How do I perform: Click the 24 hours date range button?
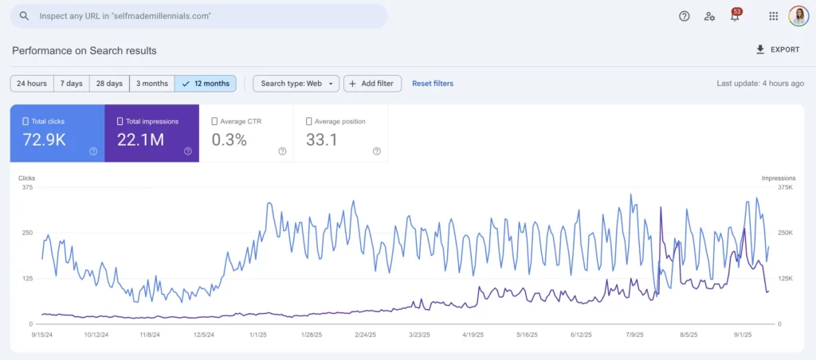click(32, 84)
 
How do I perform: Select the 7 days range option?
click(71, 84)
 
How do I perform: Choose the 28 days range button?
click(109, 84)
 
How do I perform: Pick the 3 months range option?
click(151, 84)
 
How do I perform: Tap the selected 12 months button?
click(206, 84)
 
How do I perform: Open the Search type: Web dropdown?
click(296, 84)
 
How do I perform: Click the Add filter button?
click(372, 84)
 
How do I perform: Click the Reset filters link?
click(433, 84)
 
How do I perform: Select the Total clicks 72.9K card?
click(57, 133)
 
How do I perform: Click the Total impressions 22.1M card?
click(151, 133)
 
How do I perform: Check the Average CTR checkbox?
click(215, 122)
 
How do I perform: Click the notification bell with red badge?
click(735, 16)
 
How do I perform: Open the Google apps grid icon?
click(773, 16)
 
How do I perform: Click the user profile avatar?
click(798, 16)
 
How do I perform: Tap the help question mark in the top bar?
click(684, 16)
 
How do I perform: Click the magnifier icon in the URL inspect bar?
click(25, 16)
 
